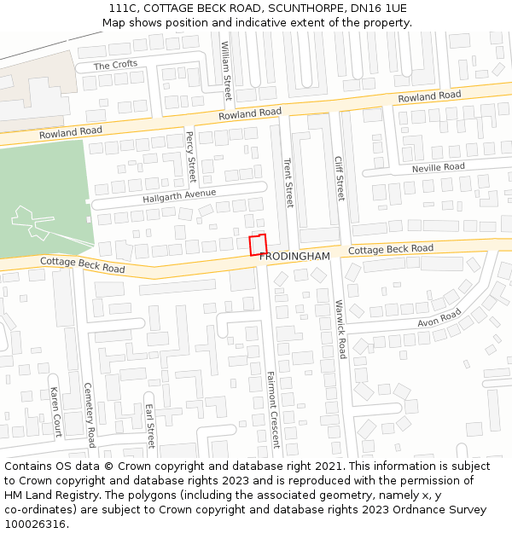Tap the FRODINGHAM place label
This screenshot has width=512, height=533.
[x=294, y=256]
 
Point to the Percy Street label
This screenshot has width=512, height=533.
[x=190, y=156]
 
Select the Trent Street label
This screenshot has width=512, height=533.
[x=288, y=182]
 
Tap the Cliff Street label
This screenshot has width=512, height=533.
[x=339, y=177]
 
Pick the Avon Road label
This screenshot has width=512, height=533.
[x=439, y=318]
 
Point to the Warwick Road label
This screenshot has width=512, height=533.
[x=340, y=328]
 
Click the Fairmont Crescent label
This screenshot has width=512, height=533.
[x=272, y=409]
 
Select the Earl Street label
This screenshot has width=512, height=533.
[x=150, y=426]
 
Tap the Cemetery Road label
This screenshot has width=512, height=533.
[x=89, y=414]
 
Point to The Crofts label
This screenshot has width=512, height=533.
[x=114, y=66]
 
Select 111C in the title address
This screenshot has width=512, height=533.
[x=123, y=9]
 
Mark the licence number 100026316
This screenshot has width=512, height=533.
[x=35, y=524]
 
